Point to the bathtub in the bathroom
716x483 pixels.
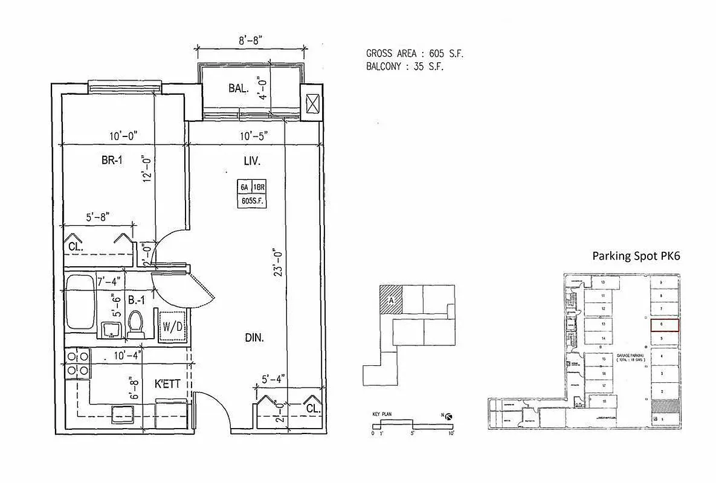coord(80,300)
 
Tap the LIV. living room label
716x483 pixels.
coord(253,161)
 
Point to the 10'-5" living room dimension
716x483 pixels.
coord(254,136)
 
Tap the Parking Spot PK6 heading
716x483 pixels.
coord(636,256)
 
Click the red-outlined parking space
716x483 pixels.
coord(665,325)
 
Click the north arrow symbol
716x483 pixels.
coord(448,416)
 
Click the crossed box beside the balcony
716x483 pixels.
coord(313,104)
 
